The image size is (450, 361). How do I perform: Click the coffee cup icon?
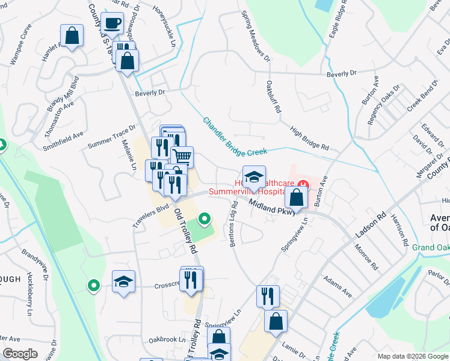click(x=112, y=23)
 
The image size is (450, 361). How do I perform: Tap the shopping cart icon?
click(x=182, y=157)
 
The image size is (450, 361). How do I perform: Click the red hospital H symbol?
click(x=304, y=184)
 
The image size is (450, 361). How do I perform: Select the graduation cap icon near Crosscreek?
click(x=124, y=281)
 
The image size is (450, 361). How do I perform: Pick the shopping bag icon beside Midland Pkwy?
click(x=297, y=196)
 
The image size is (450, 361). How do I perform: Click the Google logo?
click(x=21, y=354)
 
